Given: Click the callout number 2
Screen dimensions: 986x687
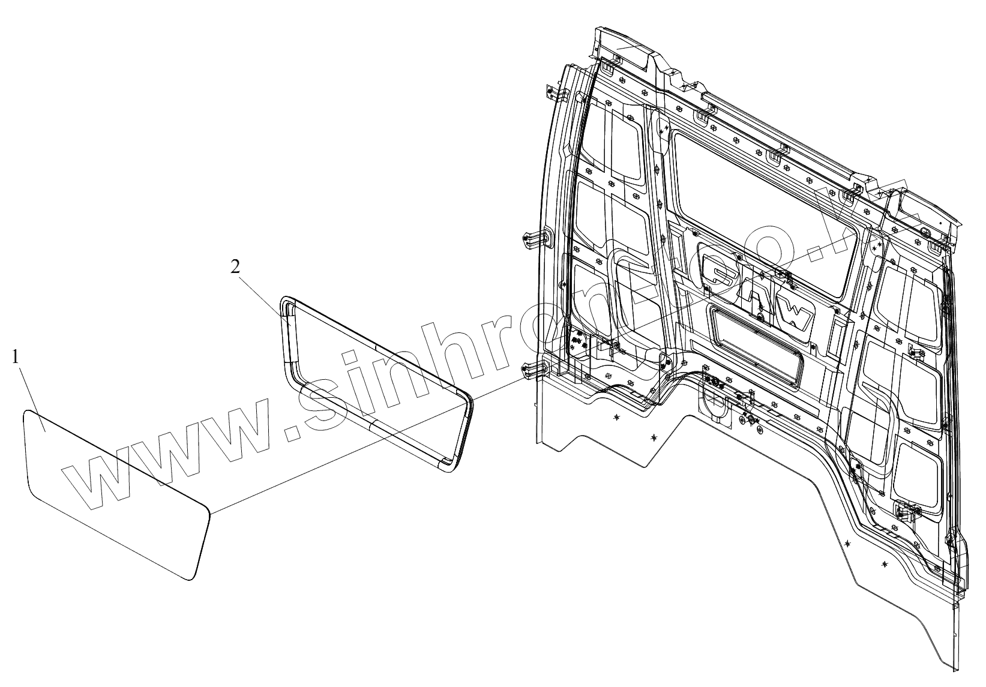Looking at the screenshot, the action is click(x=236, y=266).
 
